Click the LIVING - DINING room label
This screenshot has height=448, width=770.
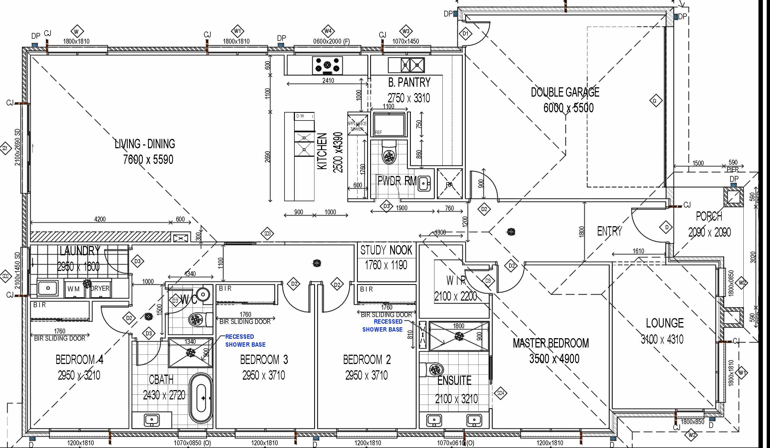[x=145, y=144]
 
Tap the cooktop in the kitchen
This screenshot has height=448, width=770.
[x=327, y=65]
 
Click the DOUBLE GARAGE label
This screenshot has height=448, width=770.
[x=565, y=92]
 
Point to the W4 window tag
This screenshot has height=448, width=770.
[x=328, y=31]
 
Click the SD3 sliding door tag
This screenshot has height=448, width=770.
[x=267, y=234]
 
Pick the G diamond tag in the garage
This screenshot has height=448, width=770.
[x=654, y=101]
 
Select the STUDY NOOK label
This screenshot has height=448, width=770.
[x=386, y=250]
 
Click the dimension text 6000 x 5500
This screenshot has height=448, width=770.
[x=568, y=108]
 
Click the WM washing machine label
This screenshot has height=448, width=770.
[x=73, y=289]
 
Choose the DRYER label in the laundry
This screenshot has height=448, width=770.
[x=100, y=288]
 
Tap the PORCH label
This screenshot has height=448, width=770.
[x=709, y=216]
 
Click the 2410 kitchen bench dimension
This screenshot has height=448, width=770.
[x=328, y=81]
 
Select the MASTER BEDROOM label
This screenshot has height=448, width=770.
[x=551, y=343]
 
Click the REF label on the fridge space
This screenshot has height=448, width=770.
[x=378, y=132]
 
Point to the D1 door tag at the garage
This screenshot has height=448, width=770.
[x=465, y=33]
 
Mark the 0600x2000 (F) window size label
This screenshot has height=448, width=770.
[x=327, y=41]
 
